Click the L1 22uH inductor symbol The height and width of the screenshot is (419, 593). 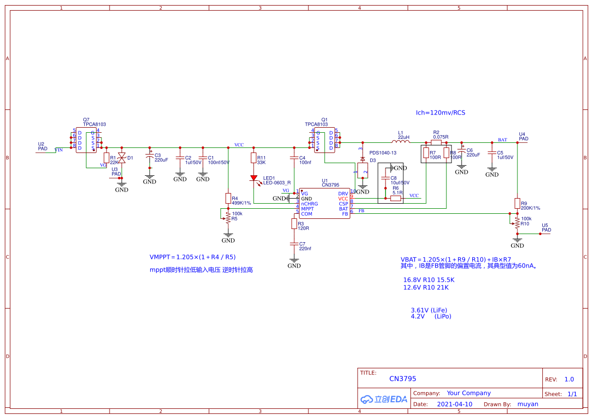click(x=401, y=142)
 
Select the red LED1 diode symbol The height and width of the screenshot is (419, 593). click(x=254, y=178)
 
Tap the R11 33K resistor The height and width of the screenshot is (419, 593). click(x=254, y=158)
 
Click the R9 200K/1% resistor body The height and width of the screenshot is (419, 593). click(x=517, y=203)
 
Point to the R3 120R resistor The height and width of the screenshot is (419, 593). click(x=294, y=223)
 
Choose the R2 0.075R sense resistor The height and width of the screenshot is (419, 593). click(x=436, y=142)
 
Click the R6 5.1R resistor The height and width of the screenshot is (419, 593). click(x=396, y=199)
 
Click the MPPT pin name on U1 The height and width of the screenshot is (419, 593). click(x=307, y=209)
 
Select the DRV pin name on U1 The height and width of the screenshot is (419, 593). click(x=343, y=194)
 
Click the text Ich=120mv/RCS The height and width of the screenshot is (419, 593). click(x=440, y=112)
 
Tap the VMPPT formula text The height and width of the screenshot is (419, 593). click(x=192, y=257)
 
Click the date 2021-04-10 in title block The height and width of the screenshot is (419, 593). click(x=454, y=404)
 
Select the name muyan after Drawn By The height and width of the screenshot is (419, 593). click(x=528, y=404)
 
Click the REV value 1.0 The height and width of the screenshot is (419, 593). click(x=569, y=379)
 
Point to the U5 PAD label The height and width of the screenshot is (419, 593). click(x=546, y=227)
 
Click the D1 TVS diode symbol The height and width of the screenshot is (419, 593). click(x=121, y=158)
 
